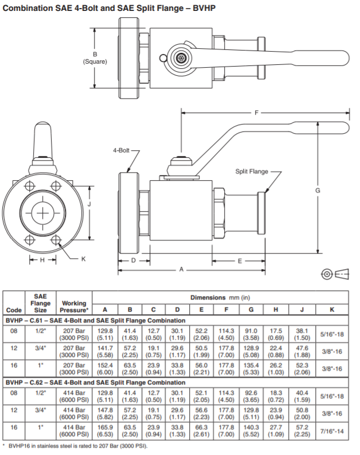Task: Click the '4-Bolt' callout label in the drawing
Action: pyautogui.click(x=122, y=151)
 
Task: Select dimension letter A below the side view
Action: pyautogui.click(x=182, y=268)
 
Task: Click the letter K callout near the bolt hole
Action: pyautogui.click(x=83, y=259)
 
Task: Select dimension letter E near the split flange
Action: pyautogui.click(x=240, y=260)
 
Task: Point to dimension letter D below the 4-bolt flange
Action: pyautogui.click(x=133, y=260)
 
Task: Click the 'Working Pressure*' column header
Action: pyautogui.click(x=74, y=306)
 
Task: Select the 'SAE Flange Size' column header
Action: pyautogui.click(x=41, y=303)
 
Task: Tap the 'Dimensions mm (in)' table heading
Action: pyautogui.click(x=220, y=298)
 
